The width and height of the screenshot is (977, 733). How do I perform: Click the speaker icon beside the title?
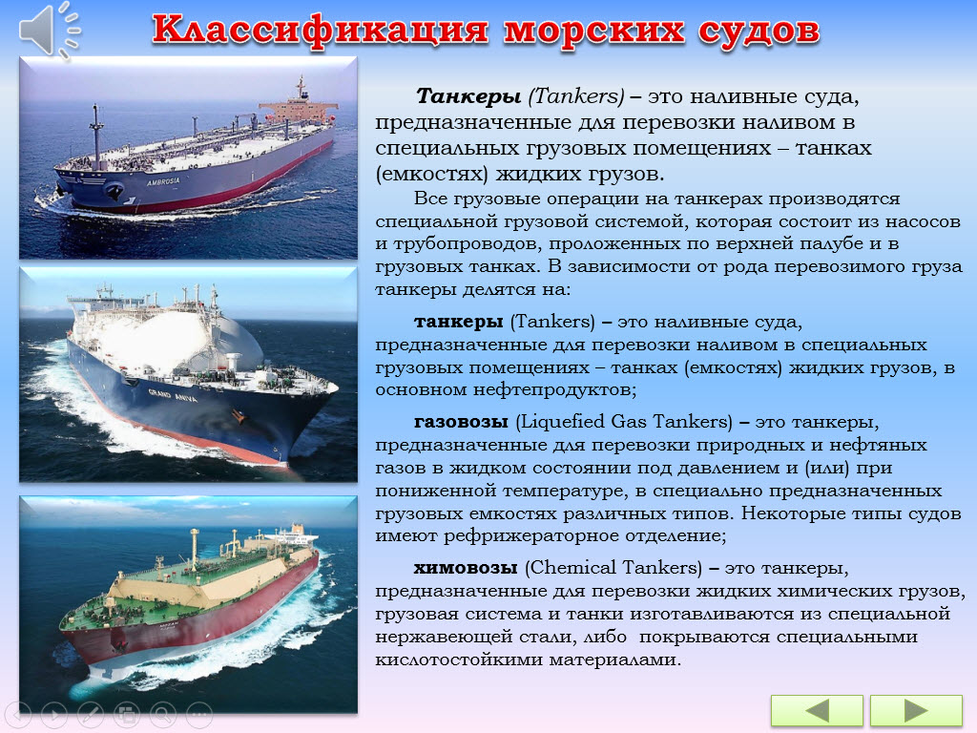tap(49, 30)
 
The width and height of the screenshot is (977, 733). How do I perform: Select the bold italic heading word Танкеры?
tap(468, 96)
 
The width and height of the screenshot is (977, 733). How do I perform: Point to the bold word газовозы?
tap(461, 422)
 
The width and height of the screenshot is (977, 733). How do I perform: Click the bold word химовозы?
tap(466, 568)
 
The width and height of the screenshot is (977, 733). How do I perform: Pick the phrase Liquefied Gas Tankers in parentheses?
tap(624, 422)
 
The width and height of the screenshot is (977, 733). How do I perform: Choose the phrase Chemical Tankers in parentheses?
tap(613, 568)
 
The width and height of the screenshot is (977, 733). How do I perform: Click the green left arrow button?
tap(817, 710)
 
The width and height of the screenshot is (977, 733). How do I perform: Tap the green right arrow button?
tap(916, 710)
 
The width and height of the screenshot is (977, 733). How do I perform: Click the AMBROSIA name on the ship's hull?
tap(163, 182)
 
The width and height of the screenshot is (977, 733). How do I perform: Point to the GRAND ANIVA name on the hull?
tap(173, 395)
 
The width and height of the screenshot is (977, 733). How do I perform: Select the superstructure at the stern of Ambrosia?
tap(298, 107)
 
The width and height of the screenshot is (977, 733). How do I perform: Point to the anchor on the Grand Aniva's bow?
tap(238, 416)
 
